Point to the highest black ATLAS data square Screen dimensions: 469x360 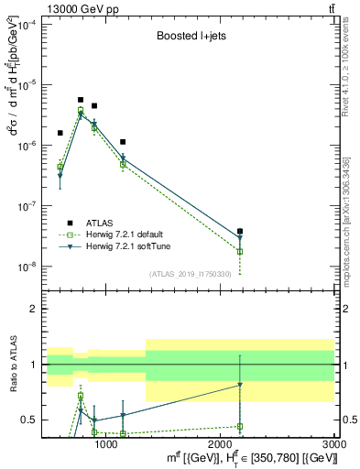pyautogui.click(x=81, y=100)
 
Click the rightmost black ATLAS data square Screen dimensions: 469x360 pyautogui.click(x=240, y=232)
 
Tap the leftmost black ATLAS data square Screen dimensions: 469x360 pyautogui.click(x=60, y=133)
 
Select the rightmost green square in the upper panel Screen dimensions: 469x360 pyautogui.click(x=240, y=251)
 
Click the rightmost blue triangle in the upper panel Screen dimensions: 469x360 pyautogui.click(x=240, y=238)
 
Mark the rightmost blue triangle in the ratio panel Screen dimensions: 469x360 pyautogui.click(x=240, y=385)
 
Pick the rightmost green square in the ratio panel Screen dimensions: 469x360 pyautogui.click(x=240, y=426)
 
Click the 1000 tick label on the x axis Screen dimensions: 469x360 pyautogui.click(x=106, y=443)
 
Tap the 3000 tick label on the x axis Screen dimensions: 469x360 pyautogui.click(x=333, y=443)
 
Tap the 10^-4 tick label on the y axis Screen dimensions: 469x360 pyautogui.click(x=25, y=25)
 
